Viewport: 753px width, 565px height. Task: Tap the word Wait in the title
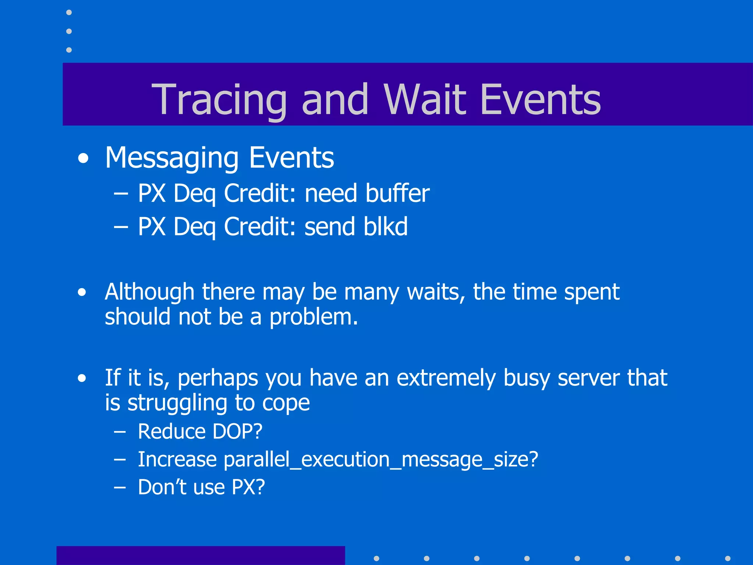click(x=427, y=99)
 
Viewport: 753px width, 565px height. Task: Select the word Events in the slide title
click(x=540, y=99)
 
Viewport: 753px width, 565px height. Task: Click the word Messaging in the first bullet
click(x=172, y=158)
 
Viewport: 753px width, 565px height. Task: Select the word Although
click(x=149, y=292)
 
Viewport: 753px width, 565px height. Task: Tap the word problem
click(x=313, y=317)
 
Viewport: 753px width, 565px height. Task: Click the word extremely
click(x=446, y=378)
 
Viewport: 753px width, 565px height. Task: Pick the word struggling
click(x=177, y=403)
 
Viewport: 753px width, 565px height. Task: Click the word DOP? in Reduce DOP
click(x=238, y=431)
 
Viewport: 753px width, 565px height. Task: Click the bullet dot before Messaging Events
click(x=83, y=159)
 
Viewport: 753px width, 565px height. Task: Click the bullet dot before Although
click(x=82, y=292)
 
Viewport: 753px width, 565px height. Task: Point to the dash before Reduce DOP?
click(x=120, y=431)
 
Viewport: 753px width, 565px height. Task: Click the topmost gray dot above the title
click(x=69, y=13)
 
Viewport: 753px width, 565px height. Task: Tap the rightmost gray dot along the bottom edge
click(x=728, y=558)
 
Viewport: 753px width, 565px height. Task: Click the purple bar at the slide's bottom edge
click(x=200, y=555)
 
